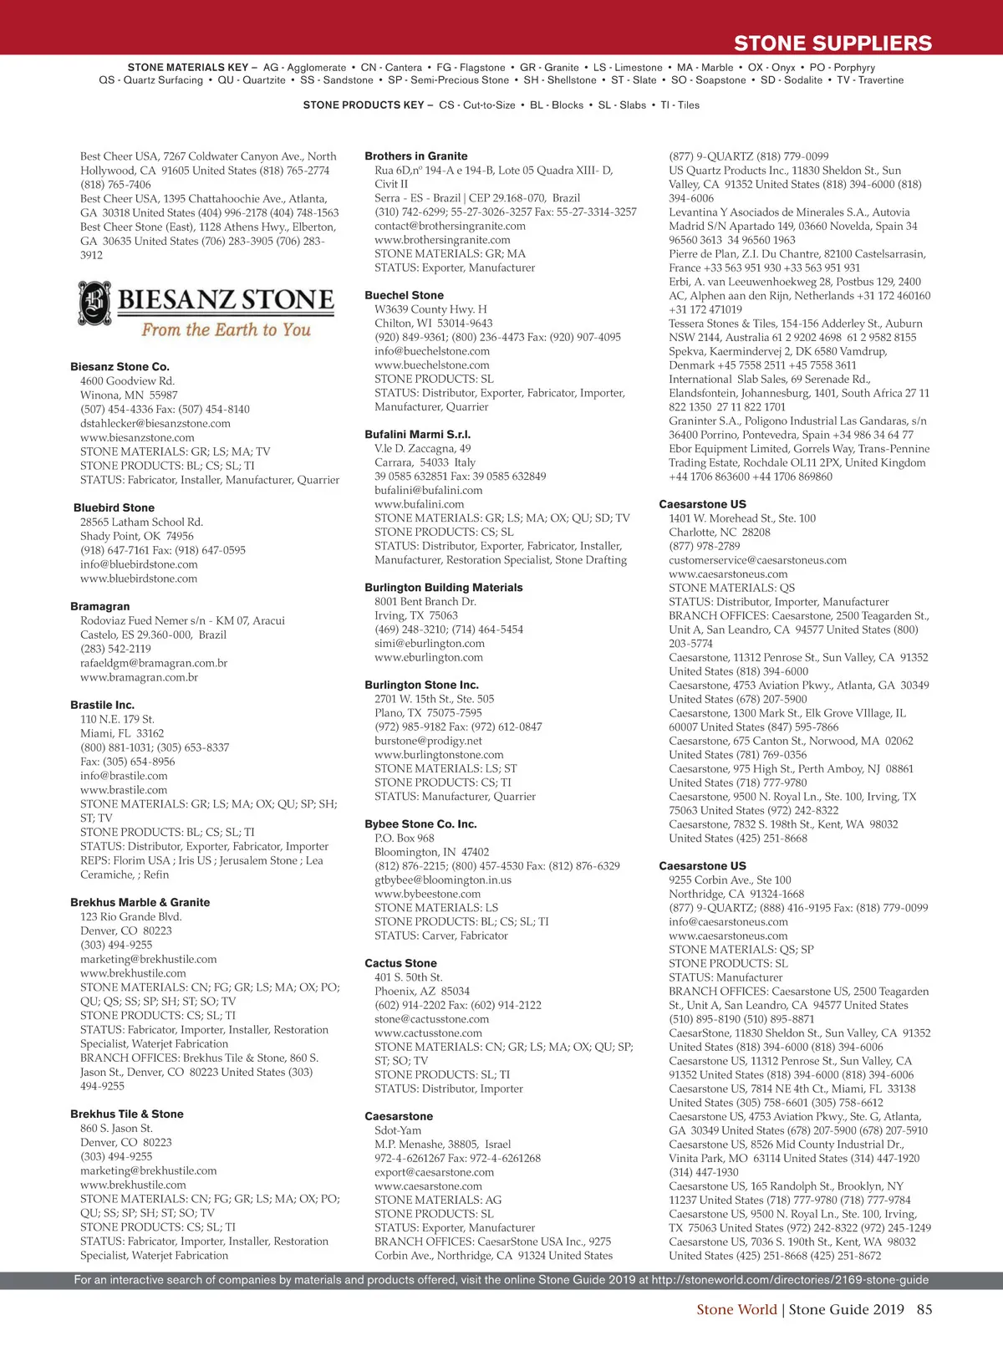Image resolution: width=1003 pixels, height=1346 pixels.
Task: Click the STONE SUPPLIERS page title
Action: click(x=832, y=43)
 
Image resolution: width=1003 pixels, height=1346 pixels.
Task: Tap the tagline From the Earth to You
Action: click(x=226, y=329)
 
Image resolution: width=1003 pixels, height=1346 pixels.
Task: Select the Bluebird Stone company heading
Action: click(x=114, y=507)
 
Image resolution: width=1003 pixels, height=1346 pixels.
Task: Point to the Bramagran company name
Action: click(x=100, y=606)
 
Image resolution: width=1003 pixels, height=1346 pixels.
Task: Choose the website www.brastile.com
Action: click(x=124, y=789)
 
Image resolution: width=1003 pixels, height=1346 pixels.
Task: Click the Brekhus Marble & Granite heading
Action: click(x=140, y=902)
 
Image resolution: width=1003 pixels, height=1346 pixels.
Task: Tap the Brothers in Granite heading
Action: click(x=416, y=156)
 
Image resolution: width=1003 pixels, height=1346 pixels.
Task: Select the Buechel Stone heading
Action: click(x=405, y=295)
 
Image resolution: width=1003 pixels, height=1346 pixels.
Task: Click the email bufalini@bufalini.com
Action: click(x=428, y=490)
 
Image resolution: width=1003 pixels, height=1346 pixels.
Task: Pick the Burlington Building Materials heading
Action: click(x=444, y=587)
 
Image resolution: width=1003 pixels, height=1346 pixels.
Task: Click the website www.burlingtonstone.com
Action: click(x=439, y=754)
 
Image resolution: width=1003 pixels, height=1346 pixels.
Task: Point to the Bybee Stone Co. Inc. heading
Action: click(x=420, y=823)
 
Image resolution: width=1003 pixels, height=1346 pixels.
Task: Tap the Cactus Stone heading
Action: click(x=400, y=963)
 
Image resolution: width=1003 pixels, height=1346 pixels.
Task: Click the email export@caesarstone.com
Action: click(x=435, y=1171)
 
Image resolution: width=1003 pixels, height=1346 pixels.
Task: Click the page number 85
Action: click(x=924, y=1309)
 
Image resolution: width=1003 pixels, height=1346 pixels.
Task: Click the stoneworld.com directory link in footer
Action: click(x=790, y=1279)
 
